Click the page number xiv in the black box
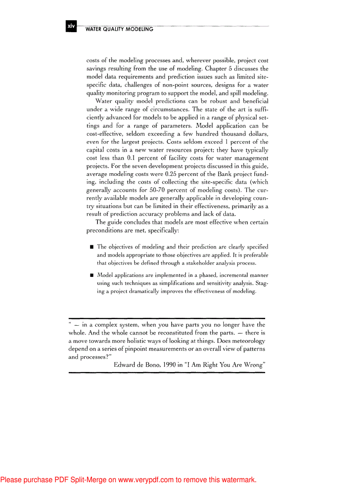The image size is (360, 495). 71,26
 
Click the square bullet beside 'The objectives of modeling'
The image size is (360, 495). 92,247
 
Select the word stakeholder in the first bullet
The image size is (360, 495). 188,263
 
